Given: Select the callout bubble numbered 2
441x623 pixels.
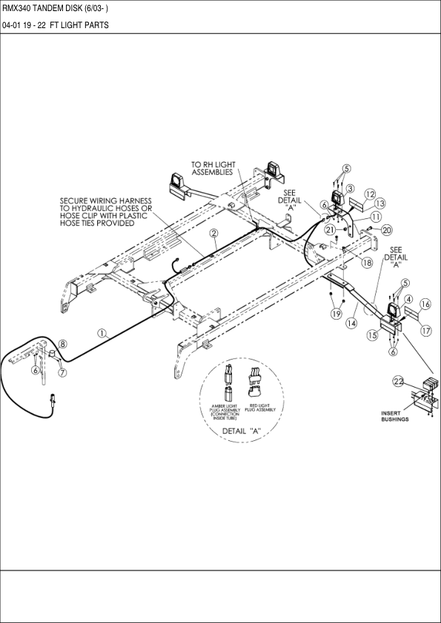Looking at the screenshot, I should click(213, 233).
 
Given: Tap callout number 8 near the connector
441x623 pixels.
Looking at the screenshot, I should click(63, 344).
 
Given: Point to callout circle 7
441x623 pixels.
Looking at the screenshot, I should click(62, 372).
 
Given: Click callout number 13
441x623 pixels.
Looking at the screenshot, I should click(380, 203).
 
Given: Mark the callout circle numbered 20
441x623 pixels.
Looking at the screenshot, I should click(386, 230).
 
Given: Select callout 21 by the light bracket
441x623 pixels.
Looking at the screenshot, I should click(330, 229).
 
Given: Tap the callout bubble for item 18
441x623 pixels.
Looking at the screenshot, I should click(367, 263).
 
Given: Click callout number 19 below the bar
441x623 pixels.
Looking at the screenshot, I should click(336, 314).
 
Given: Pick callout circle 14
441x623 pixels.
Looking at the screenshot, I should click(351, 323).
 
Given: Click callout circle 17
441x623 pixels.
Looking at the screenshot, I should click(425, 331).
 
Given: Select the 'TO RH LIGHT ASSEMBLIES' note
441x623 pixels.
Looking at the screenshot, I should click(212, 168).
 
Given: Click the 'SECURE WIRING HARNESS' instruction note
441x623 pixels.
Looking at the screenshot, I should click(105, 212).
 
